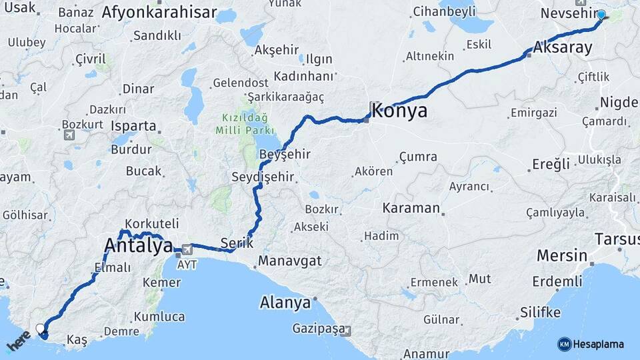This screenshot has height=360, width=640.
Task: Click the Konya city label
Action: coord(400,111)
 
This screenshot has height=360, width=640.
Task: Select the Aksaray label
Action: coord(563,48)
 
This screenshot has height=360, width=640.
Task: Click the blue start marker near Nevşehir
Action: coord(601,15)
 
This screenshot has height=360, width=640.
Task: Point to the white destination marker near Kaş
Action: coord(41,329)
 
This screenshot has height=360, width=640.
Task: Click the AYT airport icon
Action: coord(185,249)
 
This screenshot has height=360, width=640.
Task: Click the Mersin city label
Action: coord(562,255)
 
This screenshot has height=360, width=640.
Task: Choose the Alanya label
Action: coord(285,303)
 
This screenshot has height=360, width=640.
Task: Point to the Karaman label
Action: coord(411,208)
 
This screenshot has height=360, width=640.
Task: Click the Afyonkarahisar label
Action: coord(159,12)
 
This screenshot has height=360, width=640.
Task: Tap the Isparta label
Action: coord(133,125)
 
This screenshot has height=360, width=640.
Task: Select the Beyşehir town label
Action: coord(285,155)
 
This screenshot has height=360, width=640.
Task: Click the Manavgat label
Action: coord(290,261)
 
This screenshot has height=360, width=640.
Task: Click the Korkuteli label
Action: coord(152,224)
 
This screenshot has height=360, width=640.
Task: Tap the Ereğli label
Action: coord(551,164)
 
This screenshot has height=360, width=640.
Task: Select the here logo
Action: coord(19,341)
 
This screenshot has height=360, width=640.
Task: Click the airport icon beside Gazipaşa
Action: coord(345,331)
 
